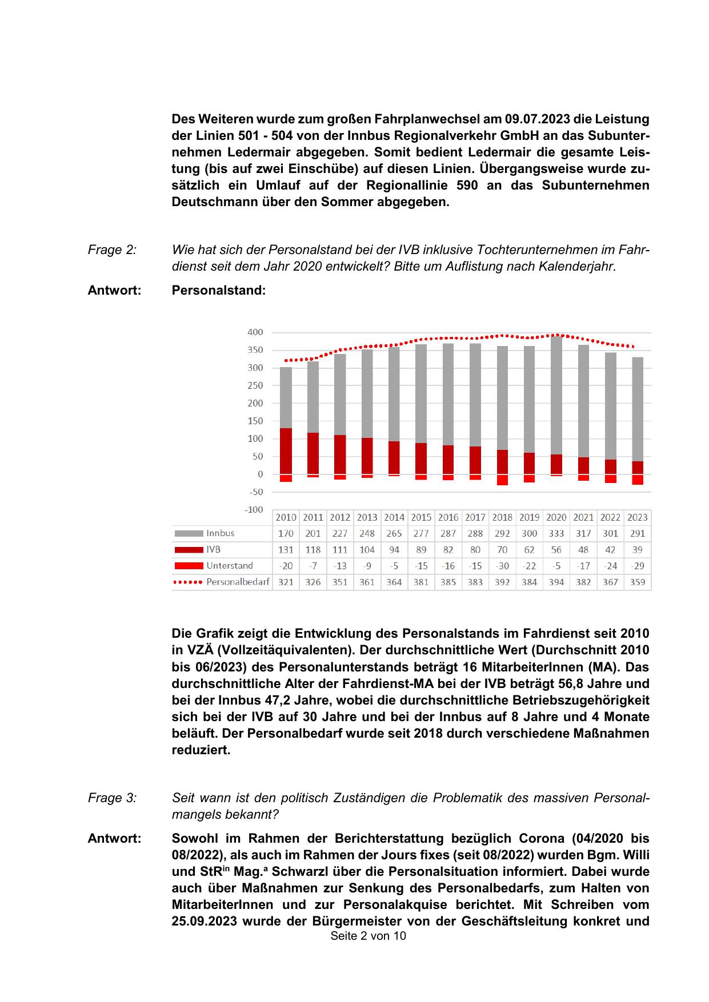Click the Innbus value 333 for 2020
[556, 533]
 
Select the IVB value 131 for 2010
[286, 550]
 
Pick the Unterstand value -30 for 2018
[502, 566]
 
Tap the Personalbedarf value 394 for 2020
[556, 582]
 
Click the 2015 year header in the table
[421, 517]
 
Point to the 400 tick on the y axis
[255, 332]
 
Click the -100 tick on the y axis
[254, 509]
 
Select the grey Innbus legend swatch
[189, 533]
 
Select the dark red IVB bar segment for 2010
[286, 451]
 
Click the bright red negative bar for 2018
[502, 480]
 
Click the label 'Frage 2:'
[112, 250]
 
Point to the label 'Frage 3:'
[112, 798]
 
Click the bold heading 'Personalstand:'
[218, 290]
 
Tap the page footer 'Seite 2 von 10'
[368, 936]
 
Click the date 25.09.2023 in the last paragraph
[204, 921]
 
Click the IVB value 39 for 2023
[637, 550]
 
